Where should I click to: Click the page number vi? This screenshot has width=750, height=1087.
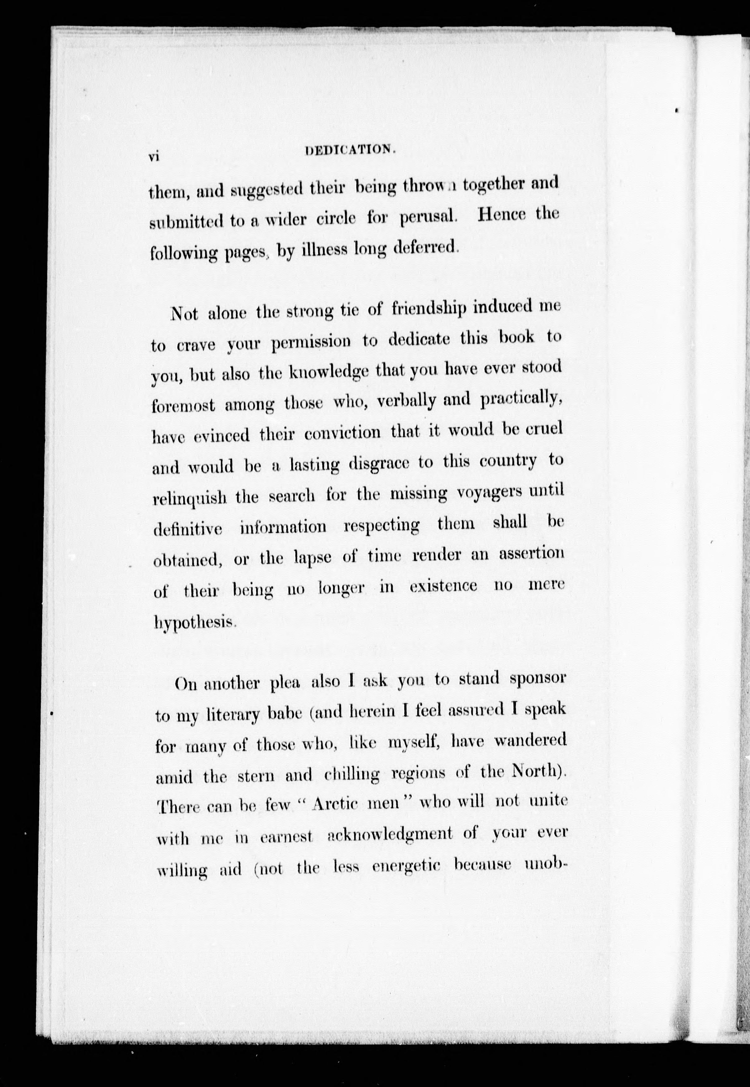tap(155, 157)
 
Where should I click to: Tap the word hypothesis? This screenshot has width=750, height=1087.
tap(194, 623)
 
